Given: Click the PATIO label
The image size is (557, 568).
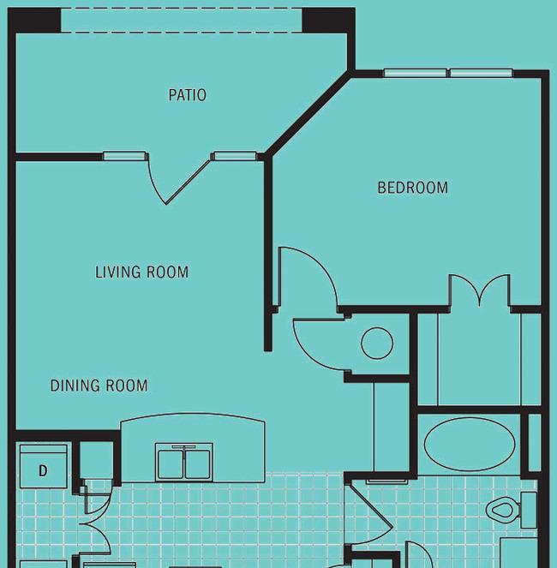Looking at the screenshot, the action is pyautogui.click(x=188, y=95).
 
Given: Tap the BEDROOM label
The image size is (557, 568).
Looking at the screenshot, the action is pyautogui.click(x=413, y=188).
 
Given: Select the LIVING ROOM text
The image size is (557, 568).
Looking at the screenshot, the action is pyautogui.click(x=141, y=272).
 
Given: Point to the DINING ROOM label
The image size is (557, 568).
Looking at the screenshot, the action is pyautogui.click(x=99, y=386).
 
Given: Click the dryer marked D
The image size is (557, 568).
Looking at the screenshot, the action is pyautogui.click(x=44, y=466).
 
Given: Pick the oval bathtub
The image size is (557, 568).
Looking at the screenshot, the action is pyautogui.click(x=470, y=444).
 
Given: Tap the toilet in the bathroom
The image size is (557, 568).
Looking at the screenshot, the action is pyautogui.click(x=511, y=510).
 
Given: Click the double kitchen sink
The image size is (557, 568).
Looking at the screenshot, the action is pyautogui.click(x=184, y=463).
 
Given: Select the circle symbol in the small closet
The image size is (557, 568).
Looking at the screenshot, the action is pyautogui.click(x=377, y=343).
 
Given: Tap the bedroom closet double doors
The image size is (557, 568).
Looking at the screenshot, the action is pyautogui.click(x=479, y=290).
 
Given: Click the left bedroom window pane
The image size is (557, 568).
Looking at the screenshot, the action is pyautogui.click(x=416, y=73).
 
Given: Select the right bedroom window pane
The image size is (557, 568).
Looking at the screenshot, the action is pyautogui.click(x=482, y=73).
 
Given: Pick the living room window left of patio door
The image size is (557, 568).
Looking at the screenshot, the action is pyautogui.click(x=124, y=156).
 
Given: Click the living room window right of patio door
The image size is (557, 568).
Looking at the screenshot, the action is pyautogui.click(x=235, y=156).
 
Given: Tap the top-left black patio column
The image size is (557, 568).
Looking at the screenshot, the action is pyautogui.click(x=34, y=21).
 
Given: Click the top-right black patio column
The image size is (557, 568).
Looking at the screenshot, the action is pyautogui.click(x=329, y=21).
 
